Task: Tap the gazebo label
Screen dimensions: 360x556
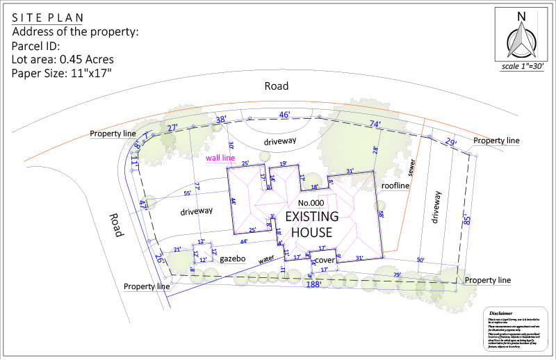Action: [x=234, y=259]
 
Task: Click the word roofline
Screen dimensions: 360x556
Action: [x=395, y=186]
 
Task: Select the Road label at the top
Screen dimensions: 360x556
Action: [x=276, y=86]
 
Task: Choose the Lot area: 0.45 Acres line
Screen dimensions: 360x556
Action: [x=63, y=59]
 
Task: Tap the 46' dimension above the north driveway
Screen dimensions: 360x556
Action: [x=284, y=115]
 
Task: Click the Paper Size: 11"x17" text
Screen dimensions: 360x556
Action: [x=62, y=73]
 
